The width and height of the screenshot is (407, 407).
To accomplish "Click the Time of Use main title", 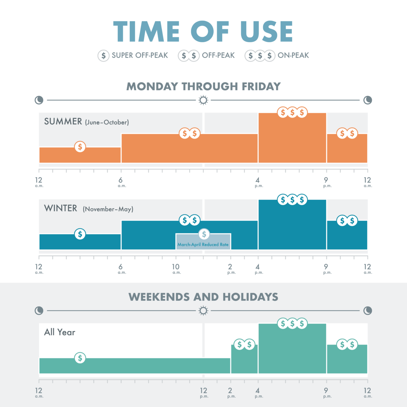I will tap(203, 32).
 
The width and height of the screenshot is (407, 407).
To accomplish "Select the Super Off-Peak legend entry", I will tap(133, 55).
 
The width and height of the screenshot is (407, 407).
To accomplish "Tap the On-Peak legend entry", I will tap(277, 55).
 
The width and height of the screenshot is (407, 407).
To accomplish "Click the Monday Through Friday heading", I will tap(203, 86).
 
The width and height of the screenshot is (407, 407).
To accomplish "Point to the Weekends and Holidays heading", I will tap(203, 297).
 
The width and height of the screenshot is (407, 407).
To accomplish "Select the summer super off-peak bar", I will tap(80, 155).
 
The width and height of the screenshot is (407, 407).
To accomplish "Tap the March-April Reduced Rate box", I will tap(203, 242).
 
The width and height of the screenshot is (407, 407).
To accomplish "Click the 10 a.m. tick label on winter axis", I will tap(176, 269).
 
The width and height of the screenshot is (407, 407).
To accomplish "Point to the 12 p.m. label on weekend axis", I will tap(203, 392).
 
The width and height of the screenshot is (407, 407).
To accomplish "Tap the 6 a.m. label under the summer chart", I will tap(121, 182).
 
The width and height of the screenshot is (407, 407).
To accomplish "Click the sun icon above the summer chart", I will tap(203, 100).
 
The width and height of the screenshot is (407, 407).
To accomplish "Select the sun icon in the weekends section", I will tap(203, 311).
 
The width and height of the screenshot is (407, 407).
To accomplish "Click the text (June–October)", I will tap(107, 122).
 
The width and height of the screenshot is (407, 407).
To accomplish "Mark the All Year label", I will tap(60, 332).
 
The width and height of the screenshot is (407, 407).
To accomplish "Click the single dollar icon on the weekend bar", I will tap(80, 358).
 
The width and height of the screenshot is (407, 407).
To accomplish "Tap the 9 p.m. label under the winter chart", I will tap(326, 269).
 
